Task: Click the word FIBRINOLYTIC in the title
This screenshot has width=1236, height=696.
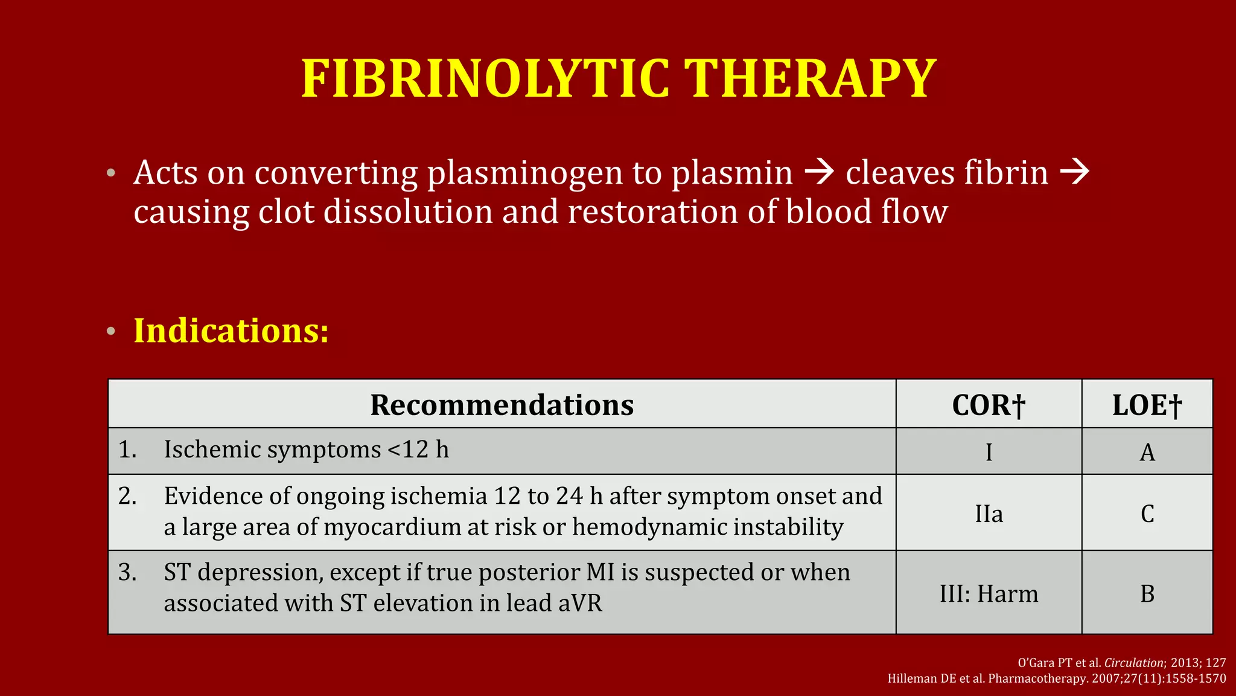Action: [485, 79]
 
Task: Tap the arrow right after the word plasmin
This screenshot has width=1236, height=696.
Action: [820, 173]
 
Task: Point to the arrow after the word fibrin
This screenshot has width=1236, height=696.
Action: [1075, 173]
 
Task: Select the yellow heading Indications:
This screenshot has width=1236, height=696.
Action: [231, 330]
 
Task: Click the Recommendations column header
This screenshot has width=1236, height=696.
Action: [502, 405]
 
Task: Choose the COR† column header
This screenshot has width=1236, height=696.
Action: [989, 405]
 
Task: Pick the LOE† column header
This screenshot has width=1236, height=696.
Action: [1147, 405]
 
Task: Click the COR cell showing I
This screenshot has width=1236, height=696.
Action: [989, 452]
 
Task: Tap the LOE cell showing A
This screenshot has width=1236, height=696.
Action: [1147, 452]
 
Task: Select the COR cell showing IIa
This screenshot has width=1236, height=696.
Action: [989, 514]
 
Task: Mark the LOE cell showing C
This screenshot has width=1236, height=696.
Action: [1147, 514]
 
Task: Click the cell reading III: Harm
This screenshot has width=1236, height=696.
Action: [989, 594]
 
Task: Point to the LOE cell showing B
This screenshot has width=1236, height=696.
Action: [1147, 594]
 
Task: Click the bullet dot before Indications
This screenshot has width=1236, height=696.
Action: [110, 331]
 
